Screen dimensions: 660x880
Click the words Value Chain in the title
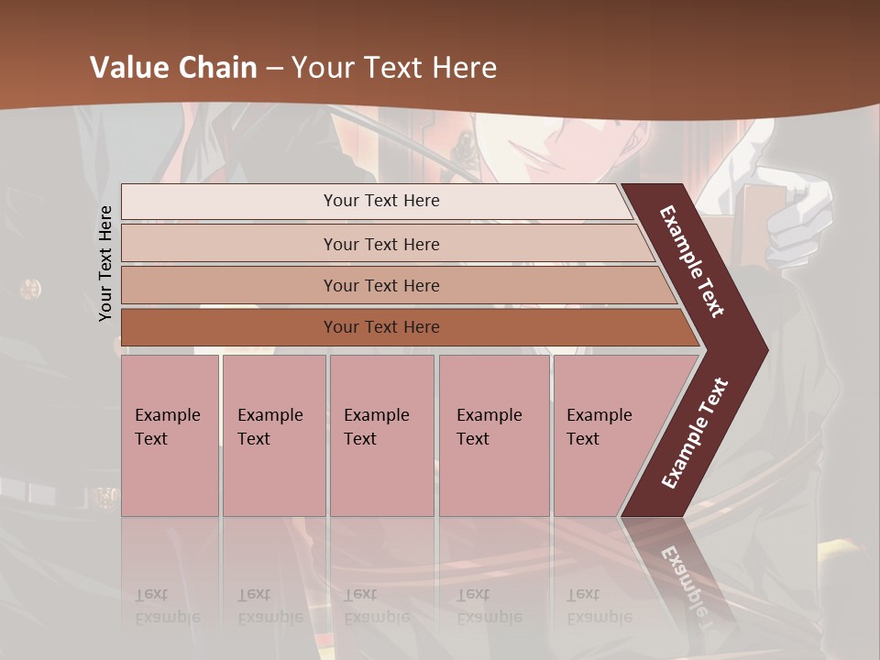click(x=173, y=68)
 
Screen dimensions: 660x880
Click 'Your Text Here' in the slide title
click(x=394, y=68)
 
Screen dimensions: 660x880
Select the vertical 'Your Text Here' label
click(x=105, y=263)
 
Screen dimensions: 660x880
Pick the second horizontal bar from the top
click(x=381, y=244)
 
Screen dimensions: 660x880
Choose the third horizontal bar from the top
click(x=381, y=285)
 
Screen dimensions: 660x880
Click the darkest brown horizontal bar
click(x=381, y=327)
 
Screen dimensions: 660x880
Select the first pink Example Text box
click(x=170, y=435)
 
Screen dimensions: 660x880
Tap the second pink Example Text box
click(x=273, y=435)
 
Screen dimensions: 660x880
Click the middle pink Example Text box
click(x=381, y=435)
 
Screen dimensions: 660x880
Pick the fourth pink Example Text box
click(x=493, y=435)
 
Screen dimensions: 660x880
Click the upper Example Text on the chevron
click(x=692, y=261)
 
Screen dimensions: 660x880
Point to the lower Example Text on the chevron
click(x=694, y=433)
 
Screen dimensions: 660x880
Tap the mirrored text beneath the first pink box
click(x=167, y=606)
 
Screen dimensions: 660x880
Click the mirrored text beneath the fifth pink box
click(x=599, y=606)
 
